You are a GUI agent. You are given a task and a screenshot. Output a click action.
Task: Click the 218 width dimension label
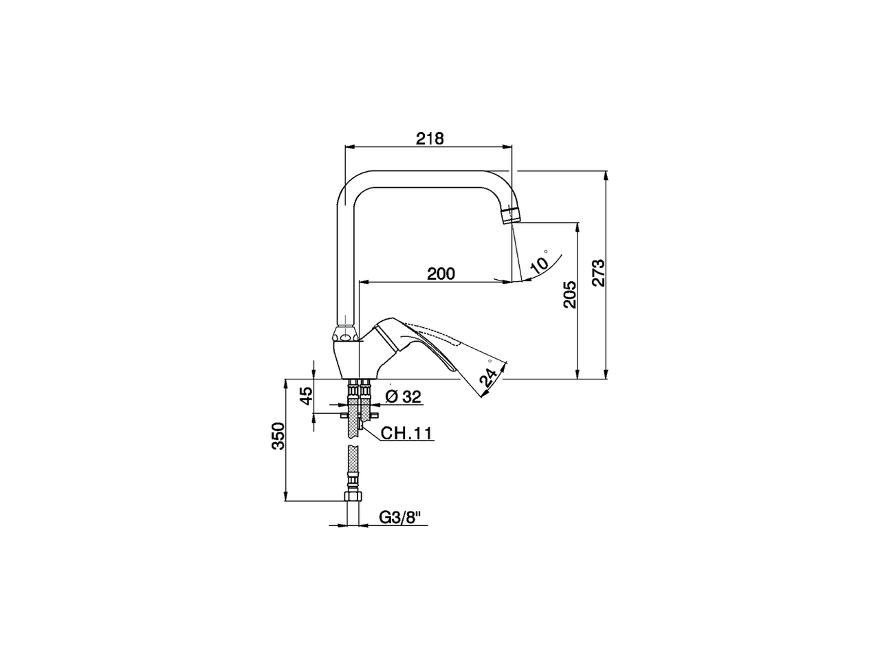(430, 138)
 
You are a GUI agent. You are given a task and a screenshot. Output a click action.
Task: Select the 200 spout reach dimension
(441, 274)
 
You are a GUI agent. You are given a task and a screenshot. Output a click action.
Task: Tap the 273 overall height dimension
(598, 273)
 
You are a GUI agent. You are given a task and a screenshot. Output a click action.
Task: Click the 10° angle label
(541, 263)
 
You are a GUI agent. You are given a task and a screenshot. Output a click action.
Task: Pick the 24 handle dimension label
(489, 377)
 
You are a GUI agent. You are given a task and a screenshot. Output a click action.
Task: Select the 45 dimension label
(307, 395)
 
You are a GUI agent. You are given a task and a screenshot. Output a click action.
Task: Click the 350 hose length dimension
(278, 436)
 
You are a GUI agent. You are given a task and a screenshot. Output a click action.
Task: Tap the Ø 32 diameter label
(403, 397)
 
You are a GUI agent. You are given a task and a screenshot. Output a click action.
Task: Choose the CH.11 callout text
(406, 433)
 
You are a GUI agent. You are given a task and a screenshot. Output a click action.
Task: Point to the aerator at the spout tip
(510, 215)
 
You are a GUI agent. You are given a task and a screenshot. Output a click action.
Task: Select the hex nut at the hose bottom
(352, 498)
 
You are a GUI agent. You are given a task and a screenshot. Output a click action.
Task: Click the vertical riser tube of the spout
(346, 261)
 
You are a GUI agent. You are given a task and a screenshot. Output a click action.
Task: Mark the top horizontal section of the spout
(430, 177)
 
